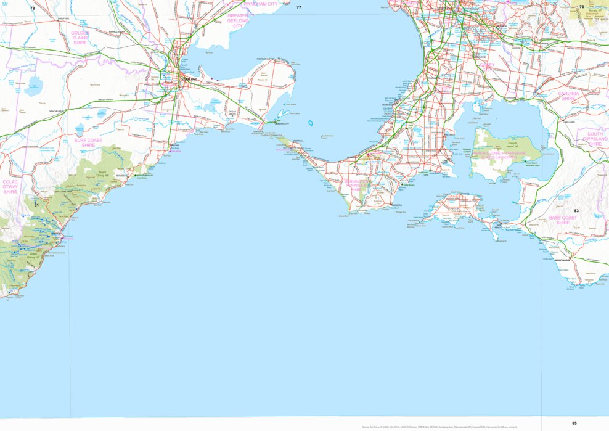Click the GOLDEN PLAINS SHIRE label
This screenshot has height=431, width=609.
(x=80, y=38)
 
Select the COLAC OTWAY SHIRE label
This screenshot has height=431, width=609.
(x=10, y=187)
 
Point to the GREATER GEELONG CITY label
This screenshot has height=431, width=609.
(x=238, y=20)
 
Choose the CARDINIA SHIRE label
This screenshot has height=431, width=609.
(x=568, y=96)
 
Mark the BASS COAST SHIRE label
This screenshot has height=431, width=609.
(x=563, y=220)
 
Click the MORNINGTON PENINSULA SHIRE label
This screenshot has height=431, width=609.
(x=356, y=186)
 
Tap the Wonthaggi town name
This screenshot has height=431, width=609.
(x=562, y=260)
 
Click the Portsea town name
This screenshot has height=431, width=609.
(x=298, y=141)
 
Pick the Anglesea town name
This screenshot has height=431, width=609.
(x=122, y=175)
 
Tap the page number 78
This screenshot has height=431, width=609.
(x=33, y=8)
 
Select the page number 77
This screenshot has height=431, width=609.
(x=299, y=7)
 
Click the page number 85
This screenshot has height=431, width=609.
(x=574, y=423)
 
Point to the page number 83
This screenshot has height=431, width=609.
(x=576, y=211)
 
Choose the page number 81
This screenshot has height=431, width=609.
(x=36, y=205)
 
